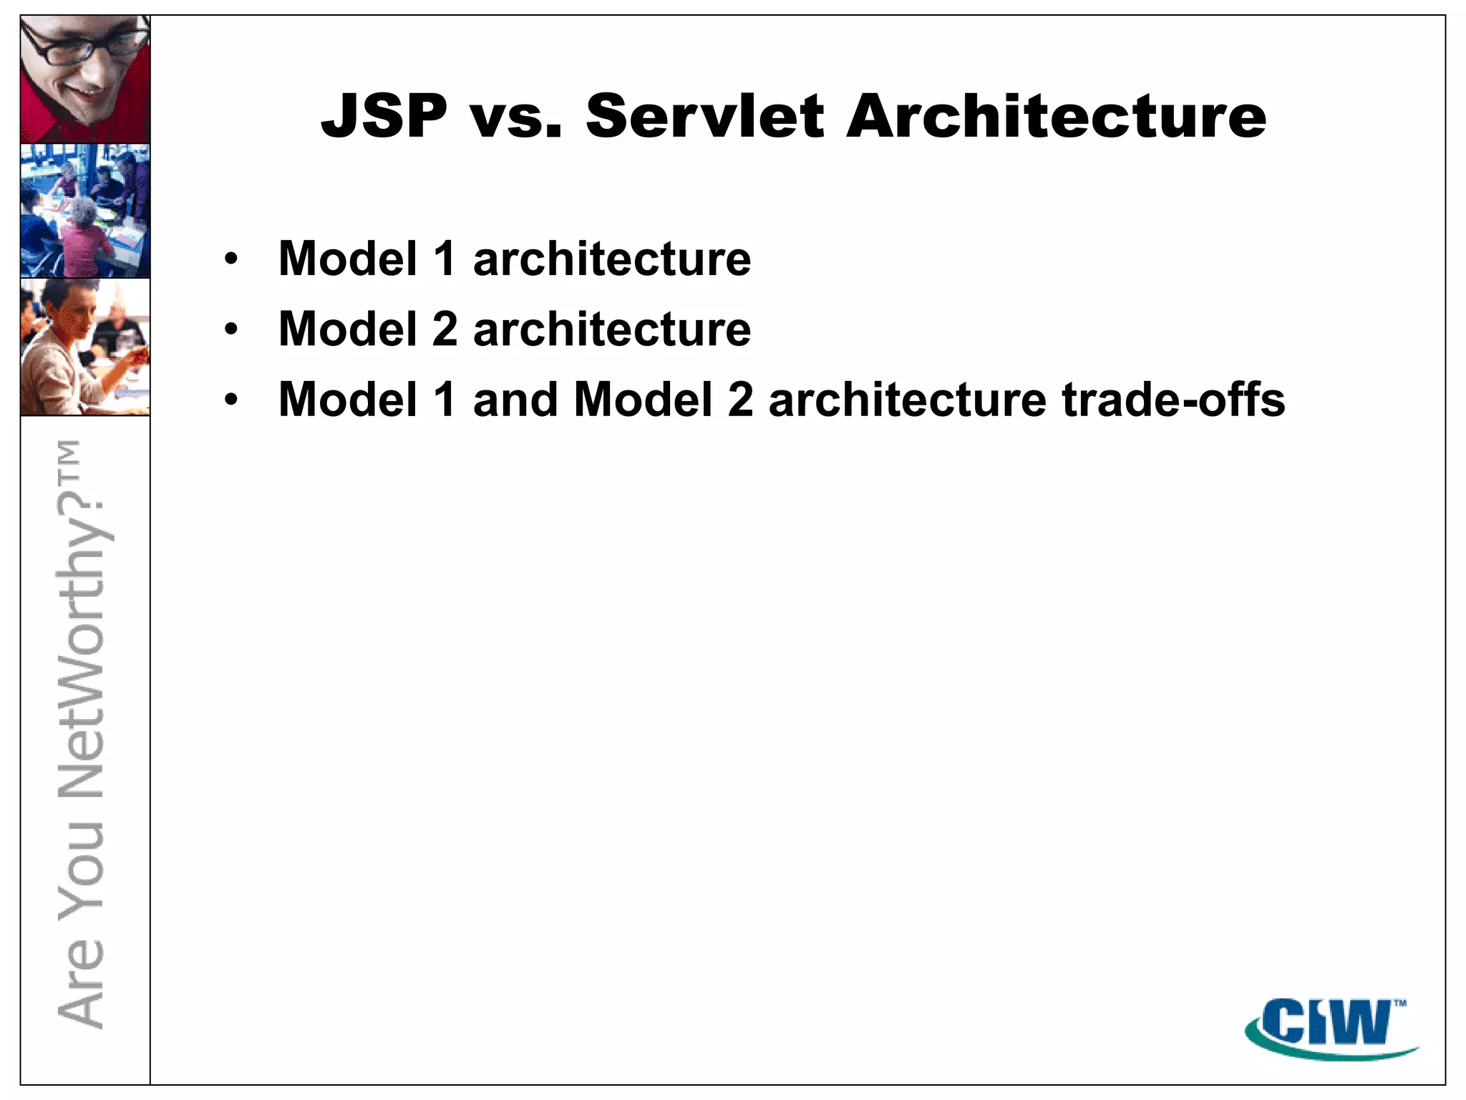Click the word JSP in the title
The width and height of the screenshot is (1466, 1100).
point(384,116)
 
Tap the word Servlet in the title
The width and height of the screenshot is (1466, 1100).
point(704,116)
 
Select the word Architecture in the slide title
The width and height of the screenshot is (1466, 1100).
point(1056,116)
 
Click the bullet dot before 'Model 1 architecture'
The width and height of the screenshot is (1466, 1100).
point(230,259)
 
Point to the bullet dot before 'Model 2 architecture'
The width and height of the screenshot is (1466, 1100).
point(230,329)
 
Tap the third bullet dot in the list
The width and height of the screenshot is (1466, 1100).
point(230,400)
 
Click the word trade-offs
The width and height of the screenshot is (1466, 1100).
point(1174,399)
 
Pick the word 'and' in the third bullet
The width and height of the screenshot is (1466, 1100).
point(515,399)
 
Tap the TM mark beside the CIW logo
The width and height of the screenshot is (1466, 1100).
point(1399,1003)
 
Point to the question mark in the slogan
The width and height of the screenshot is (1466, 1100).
point(82,506)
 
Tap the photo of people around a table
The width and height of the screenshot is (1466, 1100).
point(84,211)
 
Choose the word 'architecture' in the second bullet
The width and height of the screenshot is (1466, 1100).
point(612,329)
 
